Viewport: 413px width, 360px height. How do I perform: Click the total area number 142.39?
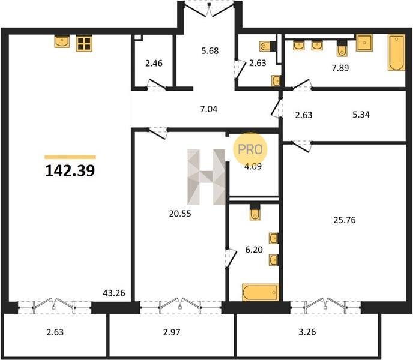[70, 170]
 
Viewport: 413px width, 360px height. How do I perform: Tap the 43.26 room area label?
[114, 293]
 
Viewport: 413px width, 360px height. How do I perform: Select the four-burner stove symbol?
[84, 43]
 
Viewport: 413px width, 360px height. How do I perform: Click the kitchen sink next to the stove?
[62, 42]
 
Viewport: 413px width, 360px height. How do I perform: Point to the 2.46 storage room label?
[154, 63]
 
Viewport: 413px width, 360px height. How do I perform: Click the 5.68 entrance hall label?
[210, 50]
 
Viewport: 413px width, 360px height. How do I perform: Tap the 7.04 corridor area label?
[209, 109]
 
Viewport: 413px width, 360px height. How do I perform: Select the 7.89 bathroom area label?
[340, 68]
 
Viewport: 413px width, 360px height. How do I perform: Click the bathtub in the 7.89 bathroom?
[396, 53]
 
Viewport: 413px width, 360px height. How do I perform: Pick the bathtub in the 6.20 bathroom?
[261, 292]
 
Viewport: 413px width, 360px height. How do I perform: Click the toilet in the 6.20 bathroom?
[255, 212]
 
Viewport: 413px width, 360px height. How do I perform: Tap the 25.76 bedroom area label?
[345, 220]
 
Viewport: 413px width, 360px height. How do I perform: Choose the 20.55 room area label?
[180, 214]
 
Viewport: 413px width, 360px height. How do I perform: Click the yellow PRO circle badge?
[250, 149]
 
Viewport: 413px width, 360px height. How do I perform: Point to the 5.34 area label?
[361, 115]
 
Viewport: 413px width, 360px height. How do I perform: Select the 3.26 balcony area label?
[307, 332]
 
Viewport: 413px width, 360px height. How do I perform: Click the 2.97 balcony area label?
[172, 332]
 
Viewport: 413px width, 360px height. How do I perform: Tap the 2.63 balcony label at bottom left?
[55, 332]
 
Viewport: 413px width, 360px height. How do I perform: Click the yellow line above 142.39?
[70, 157]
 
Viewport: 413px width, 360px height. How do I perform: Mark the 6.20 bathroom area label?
[254, 250]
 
